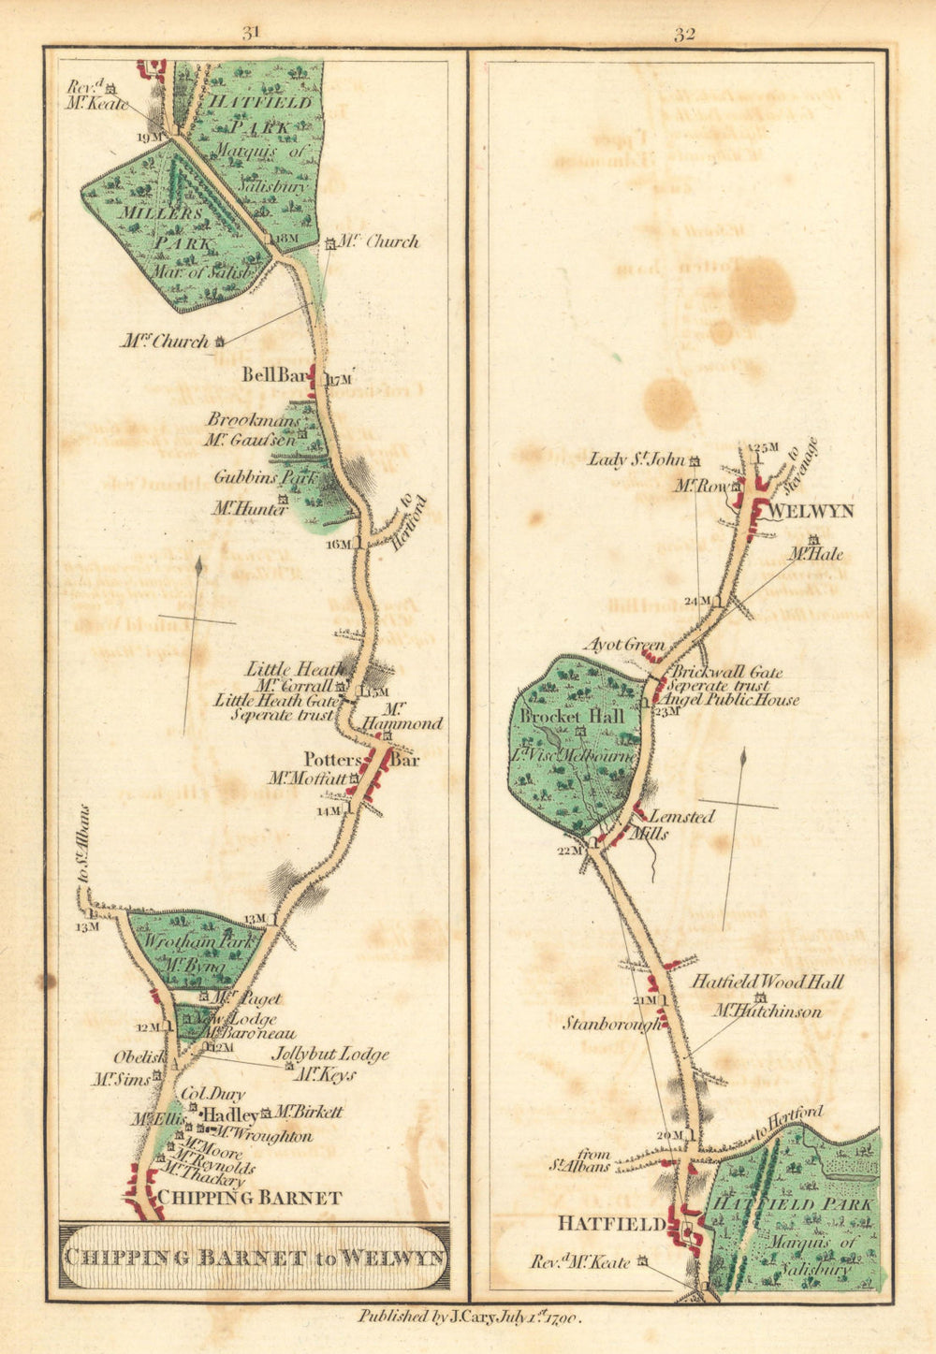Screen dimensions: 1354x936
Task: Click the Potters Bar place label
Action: [x=361, y=760]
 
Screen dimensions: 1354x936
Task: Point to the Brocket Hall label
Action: [x=573, y=716]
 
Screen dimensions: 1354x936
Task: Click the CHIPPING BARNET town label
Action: [x=249, y=1198]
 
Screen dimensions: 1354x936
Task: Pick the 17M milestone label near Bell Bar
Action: [x=338, y=380]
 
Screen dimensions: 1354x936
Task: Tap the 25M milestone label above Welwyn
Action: [x=767, y=447]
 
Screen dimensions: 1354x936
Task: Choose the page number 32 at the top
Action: [x=683, y=35]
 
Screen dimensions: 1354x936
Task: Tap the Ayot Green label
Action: [x=624, y=645]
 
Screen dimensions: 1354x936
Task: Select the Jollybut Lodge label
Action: [x=329, y=1055]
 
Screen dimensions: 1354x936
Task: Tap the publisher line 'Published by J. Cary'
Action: [x=470, y=1318]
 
